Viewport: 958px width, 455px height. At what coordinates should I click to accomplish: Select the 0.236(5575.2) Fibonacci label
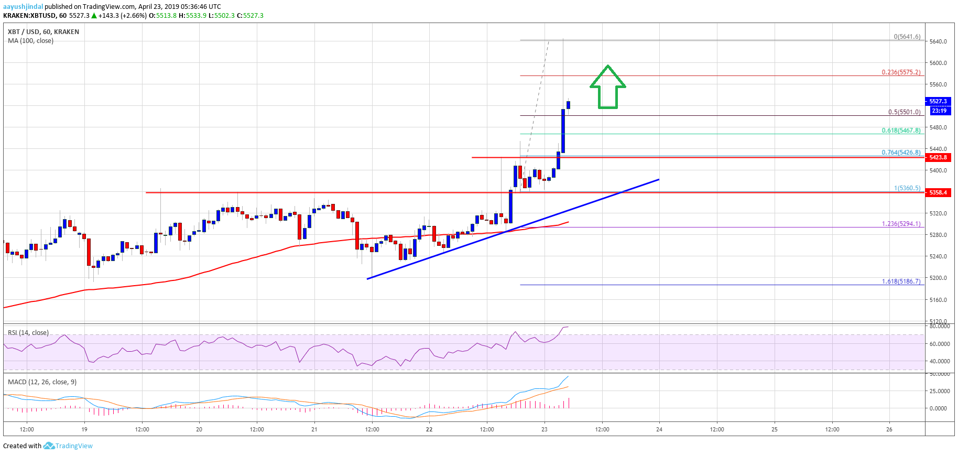(x=901, y=72)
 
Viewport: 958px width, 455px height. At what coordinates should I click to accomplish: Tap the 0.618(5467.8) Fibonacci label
(x=901, y=131)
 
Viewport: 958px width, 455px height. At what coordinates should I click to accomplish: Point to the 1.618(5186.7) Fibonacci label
(x=901, y=281)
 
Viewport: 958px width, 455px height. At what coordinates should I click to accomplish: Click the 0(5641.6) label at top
(x=907, y=37)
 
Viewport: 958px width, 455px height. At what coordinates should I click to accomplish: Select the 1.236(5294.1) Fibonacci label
(x=901, y=224)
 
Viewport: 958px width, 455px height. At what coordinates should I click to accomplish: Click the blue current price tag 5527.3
(x=938, y=101)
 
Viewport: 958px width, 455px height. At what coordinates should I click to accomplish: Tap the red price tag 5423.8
(x=938, y=157)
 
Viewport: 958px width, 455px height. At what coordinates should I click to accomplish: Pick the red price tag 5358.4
(x=938, y=192)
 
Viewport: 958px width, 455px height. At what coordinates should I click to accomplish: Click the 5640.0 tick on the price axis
(x=938, y=41)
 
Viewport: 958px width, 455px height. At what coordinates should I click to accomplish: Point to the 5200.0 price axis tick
(x=938, y=278)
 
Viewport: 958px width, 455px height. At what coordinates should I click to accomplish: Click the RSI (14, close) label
(x=28, y=333)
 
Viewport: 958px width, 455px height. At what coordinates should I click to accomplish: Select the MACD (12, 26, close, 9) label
(x=42, y=382)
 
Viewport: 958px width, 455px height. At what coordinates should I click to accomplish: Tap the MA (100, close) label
(x=30, y=41)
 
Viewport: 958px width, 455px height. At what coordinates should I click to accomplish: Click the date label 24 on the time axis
(x=659, y=429)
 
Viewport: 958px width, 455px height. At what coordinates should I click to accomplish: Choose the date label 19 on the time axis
(x=84, y=429)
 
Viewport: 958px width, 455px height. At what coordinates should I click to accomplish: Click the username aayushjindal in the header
(x=23, y=6)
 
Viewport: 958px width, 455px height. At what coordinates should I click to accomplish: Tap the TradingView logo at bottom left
(x=68, y=446)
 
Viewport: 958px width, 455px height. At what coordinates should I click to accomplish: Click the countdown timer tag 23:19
(x=939, y=111)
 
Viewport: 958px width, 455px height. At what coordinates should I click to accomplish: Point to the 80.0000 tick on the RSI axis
(x=939, y=326)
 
